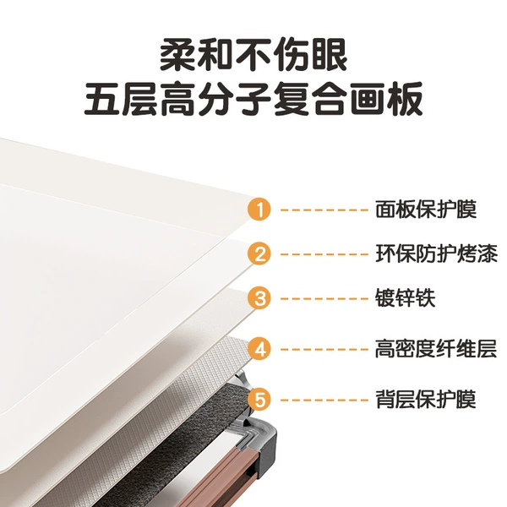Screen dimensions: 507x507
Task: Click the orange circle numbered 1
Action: click(x=259, y=210)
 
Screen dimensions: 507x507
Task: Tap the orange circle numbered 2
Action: click(x=259, y=254)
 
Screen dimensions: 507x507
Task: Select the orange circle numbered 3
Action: click(x=259, y=298)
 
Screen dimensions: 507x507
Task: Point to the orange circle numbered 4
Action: click(x=259, y=349)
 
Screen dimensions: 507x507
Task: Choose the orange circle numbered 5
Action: click(x=259, y=400)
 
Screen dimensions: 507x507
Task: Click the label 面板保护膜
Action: click(x=426, y=210)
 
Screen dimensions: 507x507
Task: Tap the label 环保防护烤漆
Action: click(x=436, y=254)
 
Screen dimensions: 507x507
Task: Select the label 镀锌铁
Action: click(x=405, y=298)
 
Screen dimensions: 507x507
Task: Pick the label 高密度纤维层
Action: click(x=436, y=349)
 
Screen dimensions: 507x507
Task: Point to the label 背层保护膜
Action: click(x=426, y=400)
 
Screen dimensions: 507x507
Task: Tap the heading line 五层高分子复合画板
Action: click(x=253, y=99)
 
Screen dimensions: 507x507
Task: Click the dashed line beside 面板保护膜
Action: click(x=324, y=210)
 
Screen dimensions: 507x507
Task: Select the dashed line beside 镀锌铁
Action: click(x=324, y=298)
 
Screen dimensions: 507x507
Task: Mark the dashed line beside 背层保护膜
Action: click(x=324, y=400)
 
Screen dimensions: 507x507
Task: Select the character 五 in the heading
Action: click(x=102, y=99)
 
